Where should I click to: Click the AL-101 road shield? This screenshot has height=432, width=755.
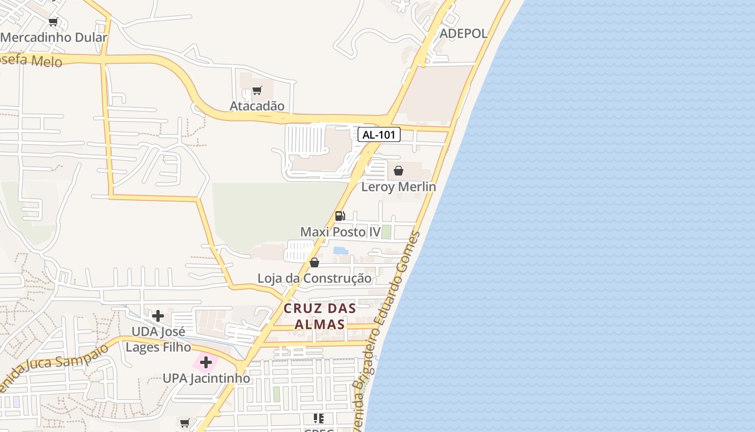coord(379,134)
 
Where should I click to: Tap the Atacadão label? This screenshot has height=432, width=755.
coord(257,106)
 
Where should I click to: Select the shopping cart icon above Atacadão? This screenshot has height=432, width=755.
coord(257,90)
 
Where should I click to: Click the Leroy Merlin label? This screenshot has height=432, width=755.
coord(399,187)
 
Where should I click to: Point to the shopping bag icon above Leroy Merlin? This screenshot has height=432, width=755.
coord(399,171)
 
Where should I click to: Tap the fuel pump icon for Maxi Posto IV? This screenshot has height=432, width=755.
coord(340,216)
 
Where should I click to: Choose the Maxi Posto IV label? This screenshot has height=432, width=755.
coord(340,232)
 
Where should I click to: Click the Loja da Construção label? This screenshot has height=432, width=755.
coord(314,279)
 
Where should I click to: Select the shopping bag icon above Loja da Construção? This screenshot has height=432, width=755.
coord(314,262)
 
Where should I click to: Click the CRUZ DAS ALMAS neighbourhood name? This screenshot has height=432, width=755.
coord(320,316)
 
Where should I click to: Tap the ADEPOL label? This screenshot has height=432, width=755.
coord(464,33)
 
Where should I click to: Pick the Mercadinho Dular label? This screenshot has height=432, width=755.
coord(54,38)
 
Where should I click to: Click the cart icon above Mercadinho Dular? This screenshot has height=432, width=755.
coord(53,22)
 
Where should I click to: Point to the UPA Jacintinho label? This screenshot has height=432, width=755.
coord(207,378)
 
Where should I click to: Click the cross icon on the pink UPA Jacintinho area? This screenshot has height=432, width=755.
coord(205,362)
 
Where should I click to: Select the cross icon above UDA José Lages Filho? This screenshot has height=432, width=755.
coord(158,315)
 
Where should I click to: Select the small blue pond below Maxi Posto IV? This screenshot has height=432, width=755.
coord(340,250)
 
